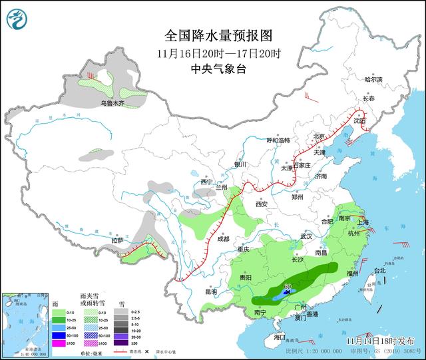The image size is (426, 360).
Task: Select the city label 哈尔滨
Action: [x=373, y=79]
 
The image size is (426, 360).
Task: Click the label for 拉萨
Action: [x=118, y=240]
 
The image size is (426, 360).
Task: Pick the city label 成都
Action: [x=222, y=238]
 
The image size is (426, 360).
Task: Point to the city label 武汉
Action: [x=306, y=236]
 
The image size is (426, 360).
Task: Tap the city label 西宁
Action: [x=206, y=182]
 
